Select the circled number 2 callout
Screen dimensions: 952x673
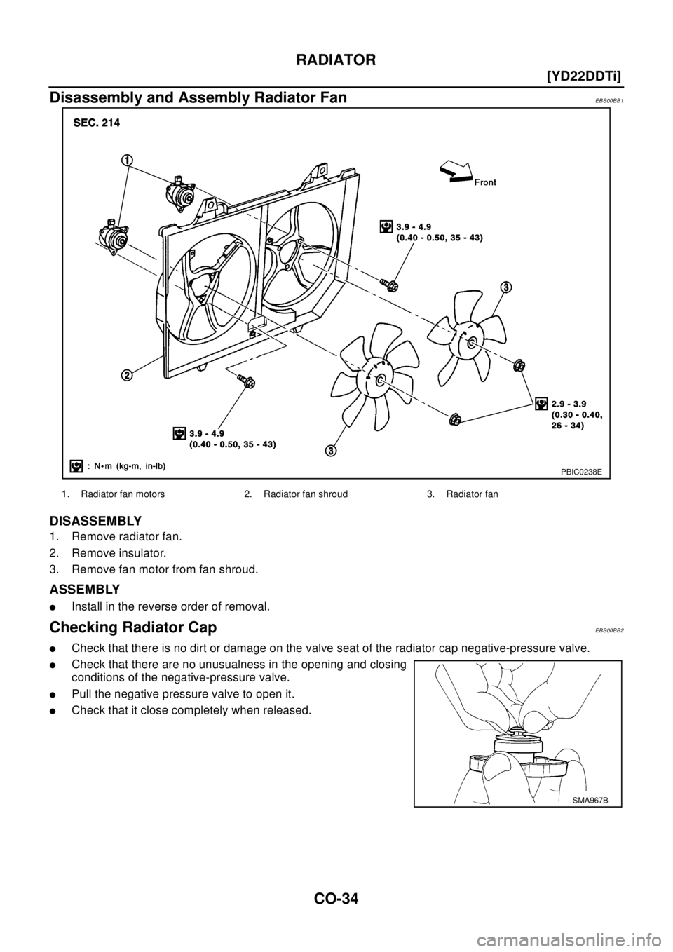pos(127,375)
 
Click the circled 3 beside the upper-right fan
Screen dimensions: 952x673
pos(505,287)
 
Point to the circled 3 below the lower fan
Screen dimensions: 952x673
pos(329,449)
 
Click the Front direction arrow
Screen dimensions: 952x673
pos(454,170)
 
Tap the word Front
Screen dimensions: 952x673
pos(484,182)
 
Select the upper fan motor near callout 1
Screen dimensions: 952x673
pos(180,193)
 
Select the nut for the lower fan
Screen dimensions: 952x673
pos(454,419)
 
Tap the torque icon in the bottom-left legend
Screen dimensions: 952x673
pos(76,464)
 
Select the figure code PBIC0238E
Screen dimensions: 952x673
pos(579,471)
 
